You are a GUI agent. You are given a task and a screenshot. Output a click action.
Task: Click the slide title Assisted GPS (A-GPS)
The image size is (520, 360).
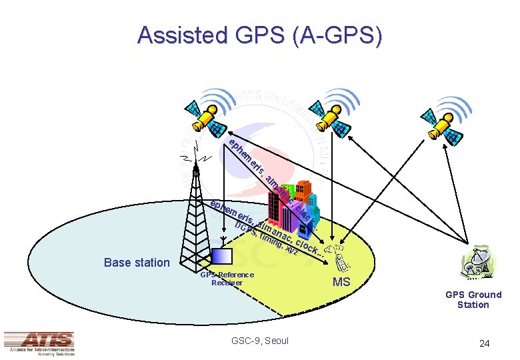260,35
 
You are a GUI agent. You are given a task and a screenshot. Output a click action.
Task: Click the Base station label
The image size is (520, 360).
137,262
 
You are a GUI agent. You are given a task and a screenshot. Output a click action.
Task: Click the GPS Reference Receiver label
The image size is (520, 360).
227,279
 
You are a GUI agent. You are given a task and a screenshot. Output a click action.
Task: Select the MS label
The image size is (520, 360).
341,282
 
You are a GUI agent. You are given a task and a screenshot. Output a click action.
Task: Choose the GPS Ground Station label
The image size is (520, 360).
473,299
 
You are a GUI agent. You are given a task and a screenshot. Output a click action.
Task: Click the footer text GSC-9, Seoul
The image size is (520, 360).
260,341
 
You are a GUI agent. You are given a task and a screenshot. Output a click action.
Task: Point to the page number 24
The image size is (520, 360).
485,343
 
